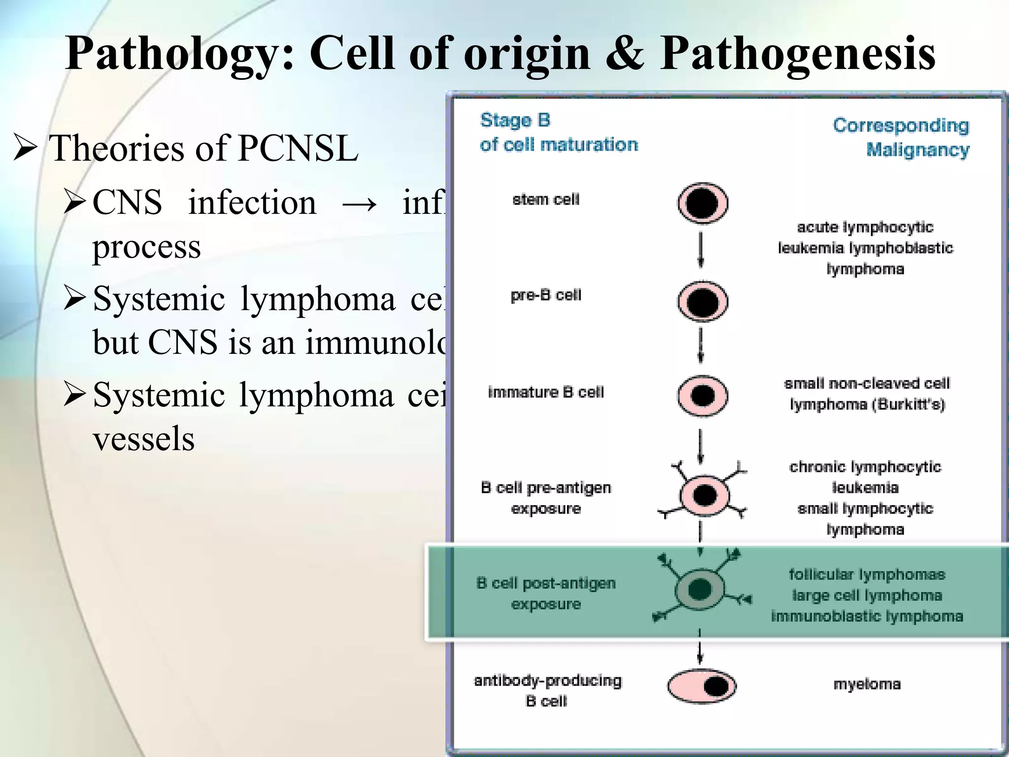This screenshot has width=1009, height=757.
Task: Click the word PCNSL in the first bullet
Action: point(298,148)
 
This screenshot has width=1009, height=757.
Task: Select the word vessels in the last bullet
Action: point(143,439)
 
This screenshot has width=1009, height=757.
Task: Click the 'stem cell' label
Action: point(545,200)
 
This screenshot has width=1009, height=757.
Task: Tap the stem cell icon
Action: point(703,203)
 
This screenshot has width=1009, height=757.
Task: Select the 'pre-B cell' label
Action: point(545,295)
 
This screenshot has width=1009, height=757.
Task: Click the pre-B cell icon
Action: point(703,301)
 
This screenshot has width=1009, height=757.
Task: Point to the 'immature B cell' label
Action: point(545,392)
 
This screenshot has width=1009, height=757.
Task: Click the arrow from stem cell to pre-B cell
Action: point(701,251)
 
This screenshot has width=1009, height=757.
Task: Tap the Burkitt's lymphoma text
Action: point(867,394)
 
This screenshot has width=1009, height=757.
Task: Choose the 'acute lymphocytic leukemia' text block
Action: point(865,248)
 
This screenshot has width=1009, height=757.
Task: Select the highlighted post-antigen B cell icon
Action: point(700,589)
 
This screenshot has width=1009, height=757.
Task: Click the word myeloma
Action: point(867,684)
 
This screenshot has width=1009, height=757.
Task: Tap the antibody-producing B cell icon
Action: point(702,686)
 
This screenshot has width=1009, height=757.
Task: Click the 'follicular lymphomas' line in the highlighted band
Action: point(867,575)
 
